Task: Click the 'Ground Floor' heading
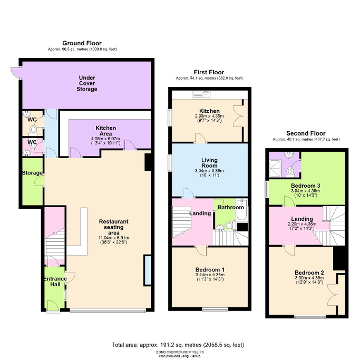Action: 82,43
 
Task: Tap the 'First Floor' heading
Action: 209,72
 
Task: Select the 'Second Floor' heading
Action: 306,133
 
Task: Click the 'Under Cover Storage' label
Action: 86,83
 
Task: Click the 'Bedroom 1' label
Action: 209,270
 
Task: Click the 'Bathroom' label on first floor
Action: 230,208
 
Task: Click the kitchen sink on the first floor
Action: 202,95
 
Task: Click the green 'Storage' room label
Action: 32,173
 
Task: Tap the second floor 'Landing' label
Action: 302,219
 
